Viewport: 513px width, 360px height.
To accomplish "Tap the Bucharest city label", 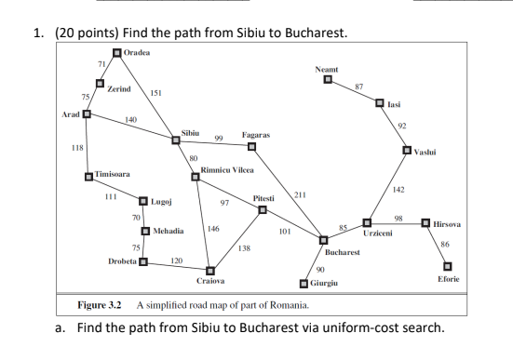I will [x=342, y=252].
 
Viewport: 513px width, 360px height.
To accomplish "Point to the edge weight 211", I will [x=300, y=193].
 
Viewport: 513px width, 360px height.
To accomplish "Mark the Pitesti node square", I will [x=263, y=209].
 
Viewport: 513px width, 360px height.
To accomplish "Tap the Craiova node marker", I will [x=210, y=270].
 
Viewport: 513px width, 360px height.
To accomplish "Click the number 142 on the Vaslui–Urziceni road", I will [x=398, y=190].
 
